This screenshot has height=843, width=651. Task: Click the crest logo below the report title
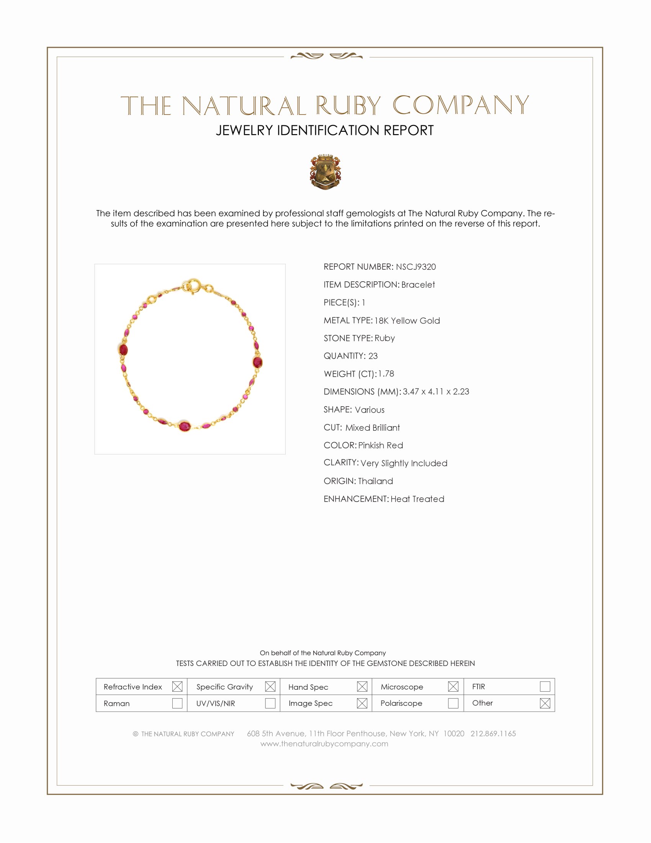325,172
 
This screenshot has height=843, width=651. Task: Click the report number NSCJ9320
415,267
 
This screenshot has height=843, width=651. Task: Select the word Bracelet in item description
418,284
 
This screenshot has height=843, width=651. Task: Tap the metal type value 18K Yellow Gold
407,320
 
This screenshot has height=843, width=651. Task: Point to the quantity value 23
373,356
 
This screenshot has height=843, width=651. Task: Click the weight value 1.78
386,374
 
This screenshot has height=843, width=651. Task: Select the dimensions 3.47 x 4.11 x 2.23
436,391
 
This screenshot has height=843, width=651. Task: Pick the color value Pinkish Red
380,445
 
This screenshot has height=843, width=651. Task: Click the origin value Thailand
375,481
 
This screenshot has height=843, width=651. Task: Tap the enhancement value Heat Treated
417,499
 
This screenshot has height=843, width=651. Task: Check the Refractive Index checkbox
177,686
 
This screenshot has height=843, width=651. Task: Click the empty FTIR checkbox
545,686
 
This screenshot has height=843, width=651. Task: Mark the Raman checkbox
177,703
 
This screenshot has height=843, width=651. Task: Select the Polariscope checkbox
453,703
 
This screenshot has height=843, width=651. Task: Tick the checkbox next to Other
545,703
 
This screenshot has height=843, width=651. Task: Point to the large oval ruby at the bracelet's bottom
185,426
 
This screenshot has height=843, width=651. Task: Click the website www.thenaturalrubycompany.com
324,744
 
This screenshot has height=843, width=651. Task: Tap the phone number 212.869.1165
493,733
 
